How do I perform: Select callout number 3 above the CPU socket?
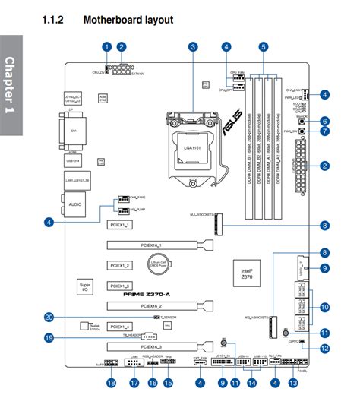[x=194, y=47]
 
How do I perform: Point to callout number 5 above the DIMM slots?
[x=263, y=47]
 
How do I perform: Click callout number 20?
[x=49, y=318]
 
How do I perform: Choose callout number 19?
[x=49, y=339]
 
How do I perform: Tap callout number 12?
[x=324, y=349]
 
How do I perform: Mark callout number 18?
[x=112, y=384]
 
